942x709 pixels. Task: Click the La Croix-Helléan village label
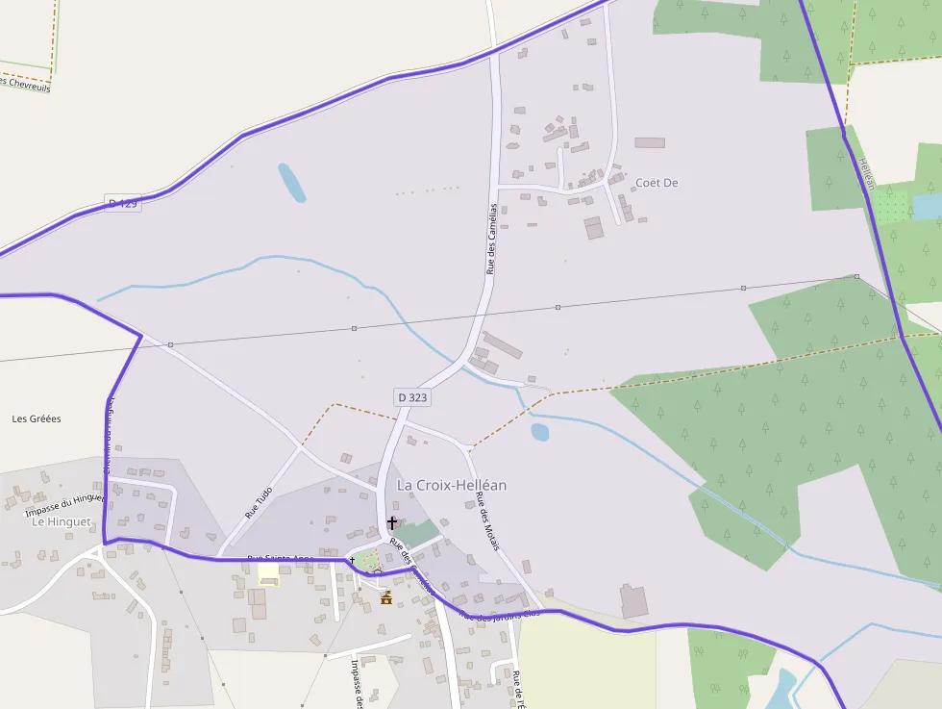pyautogui.click(x=451, y=485)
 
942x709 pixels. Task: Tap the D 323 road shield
pyautogui.click(x=411, y=397)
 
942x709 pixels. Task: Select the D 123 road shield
pyautogui.click(x=123, y=204)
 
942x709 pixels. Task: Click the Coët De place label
pyautogui.click(x=657, y=183)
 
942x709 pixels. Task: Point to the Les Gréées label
pyautogui.click(x=37, y=418)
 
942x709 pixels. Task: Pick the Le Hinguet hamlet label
pyautogui.click(x=62, y=521)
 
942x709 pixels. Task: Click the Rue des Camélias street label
pyautogui.click(x=492, y=239)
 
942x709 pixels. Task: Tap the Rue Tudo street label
pyautogui.click(x=259, y=502)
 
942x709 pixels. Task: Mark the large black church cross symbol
pyautogui.click(x=392, y=523)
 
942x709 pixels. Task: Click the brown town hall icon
pyautogui.click(x=386, y=597)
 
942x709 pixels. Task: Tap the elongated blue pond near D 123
pyautogui.click(x=292, y=182)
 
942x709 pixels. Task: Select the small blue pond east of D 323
pyautogui.click(x=539, y=432)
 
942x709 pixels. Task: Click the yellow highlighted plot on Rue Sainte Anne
pyautogui.click(x=268, y=573)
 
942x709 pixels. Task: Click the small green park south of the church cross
pyautogui.click(x=370, y=558)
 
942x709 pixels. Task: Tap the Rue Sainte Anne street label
pyautogui.click(x=281, y=558)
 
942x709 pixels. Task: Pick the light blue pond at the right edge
pyautogui.click(x=928, y=206)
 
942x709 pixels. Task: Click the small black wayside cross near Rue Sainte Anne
pyautogui.click(x=352, y=559)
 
